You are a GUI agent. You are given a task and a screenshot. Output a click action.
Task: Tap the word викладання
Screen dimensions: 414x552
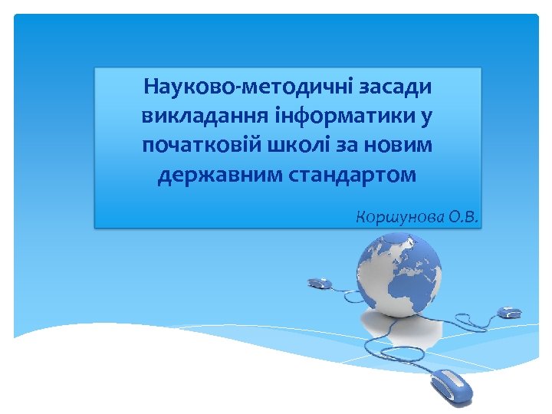(202, 116)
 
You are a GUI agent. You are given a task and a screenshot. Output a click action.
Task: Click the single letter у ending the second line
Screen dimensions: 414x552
(426, 117)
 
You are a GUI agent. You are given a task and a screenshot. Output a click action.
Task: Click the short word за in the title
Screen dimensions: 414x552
(347, 146)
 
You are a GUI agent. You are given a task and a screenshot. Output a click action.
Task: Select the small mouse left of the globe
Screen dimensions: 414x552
(320, 283)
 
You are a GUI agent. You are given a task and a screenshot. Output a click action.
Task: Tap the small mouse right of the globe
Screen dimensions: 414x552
(510, 312)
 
